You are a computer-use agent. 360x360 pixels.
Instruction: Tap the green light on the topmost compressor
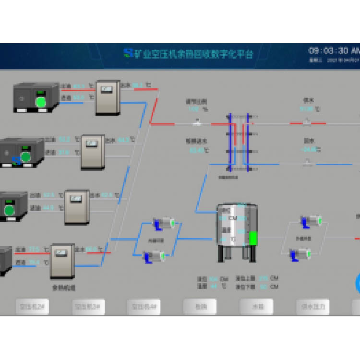(x=41, y=102)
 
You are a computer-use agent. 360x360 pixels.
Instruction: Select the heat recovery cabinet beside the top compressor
(x=108, y=97)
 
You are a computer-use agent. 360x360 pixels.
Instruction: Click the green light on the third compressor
(x=9, y=210)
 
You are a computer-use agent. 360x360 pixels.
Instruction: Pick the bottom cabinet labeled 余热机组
(x=62, y=262)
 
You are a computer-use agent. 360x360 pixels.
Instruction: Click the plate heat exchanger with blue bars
(x=239, y=142)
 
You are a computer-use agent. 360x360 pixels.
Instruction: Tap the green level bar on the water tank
(x=253, y=238)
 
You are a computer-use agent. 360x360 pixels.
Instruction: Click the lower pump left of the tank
(x=155, y=257)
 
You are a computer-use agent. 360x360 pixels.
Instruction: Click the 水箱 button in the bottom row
(x=256, y=306)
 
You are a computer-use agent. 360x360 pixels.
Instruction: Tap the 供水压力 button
(x=312, y=306)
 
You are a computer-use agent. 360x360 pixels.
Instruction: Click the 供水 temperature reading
(x=307, y=109)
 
